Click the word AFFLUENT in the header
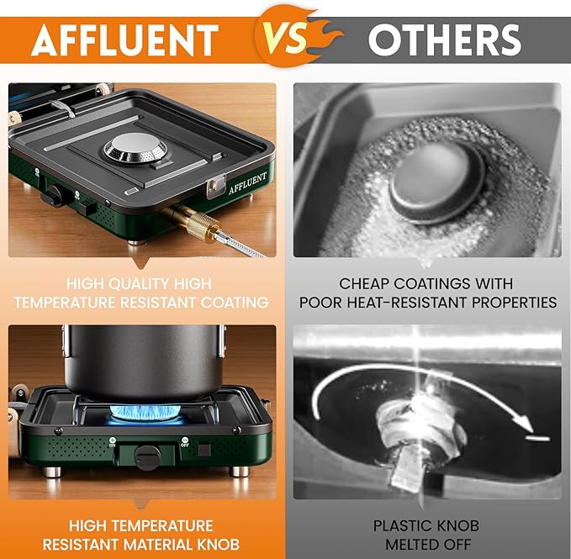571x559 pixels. point(124,39)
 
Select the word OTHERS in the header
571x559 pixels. point(444,39)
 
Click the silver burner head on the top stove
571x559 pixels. point(135,150)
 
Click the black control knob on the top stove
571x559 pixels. point(56,198)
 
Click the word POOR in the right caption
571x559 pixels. point(322,302)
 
